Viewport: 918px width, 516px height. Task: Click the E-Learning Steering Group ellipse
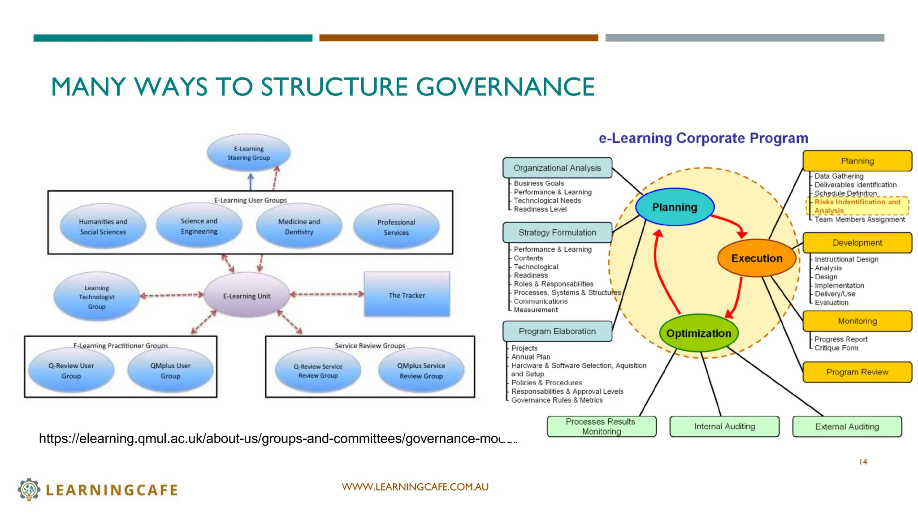coord(249,153)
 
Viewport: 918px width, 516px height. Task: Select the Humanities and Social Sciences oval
coord(103,226)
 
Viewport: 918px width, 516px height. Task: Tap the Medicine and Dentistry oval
coord(299,226)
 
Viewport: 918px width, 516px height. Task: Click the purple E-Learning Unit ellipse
coord(247,296)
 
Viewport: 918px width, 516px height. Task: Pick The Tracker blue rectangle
coord(407,295)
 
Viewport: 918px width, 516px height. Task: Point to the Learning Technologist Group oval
coord(97,297)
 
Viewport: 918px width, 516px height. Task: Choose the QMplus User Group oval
coord(170,370)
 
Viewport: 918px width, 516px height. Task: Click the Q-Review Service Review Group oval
coord(318,370)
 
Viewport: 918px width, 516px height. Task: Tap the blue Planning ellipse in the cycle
coord(675,207)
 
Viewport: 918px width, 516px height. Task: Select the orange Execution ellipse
coord(757,258)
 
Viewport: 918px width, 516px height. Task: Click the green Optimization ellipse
coord(698,333)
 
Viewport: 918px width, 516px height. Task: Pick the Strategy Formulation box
coord(557,232)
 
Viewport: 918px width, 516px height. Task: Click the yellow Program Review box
coord(857,372)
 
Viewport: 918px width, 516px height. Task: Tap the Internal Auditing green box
coord(724,426)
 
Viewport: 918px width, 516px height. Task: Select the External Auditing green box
coord(847,426)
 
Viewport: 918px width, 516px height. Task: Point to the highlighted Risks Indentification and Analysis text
coord(857,206)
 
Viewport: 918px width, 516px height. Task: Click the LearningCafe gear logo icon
coord(29,489)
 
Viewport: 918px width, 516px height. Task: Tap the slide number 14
coord(863,461)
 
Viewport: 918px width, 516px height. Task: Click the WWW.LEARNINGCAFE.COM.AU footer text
coord(415,487)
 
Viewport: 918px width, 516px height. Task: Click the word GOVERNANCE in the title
coord(505,86)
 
